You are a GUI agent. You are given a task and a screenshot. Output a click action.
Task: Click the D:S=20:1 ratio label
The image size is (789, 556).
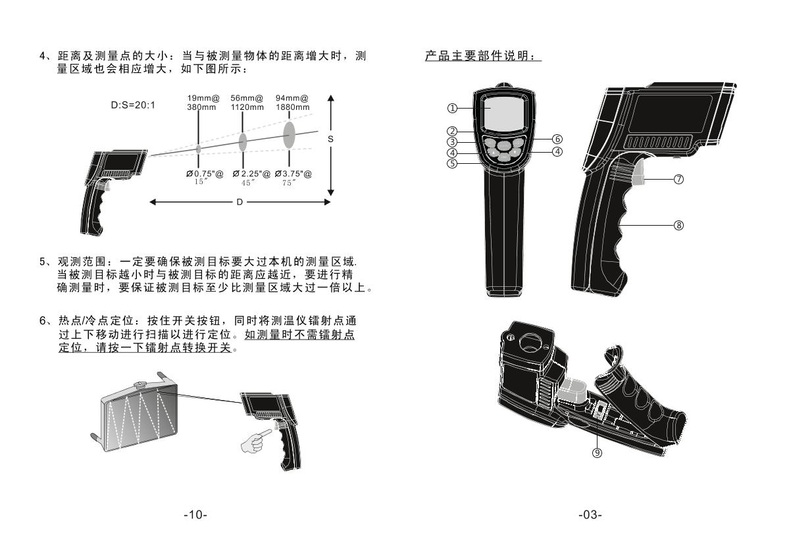click(133, 105)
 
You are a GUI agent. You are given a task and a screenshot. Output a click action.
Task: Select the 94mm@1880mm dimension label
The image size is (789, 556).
click(292, 103)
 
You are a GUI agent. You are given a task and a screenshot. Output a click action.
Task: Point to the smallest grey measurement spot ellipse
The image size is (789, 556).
click(198, 149)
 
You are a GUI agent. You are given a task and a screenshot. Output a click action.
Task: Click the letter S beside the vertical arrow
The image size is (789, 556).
click(330, 139)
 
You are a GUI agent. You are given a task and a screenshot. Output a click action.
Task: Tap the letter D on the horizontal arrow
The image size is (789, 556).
click(240, 202)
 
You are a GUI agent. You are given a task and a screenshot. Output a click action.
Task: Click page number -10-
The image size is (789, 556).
click(195, 515)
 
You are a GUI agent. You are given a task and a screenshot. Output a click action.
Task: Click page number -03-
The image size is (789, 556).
click(590, 515)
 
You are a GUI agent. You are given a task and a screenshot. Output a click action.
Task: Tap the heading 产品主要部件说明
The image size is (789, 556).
click(482, 57)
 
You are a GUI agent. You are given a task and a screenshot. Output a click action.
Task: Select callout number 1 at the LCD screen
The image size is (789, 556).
click(452, 108)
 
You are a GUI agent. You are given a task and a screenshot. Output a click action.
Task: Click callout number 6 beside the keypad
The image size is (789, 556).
click(557, 139)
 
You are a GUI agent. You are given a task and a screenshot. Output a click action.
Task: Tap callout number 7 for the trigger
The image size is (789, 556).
click(678, 180)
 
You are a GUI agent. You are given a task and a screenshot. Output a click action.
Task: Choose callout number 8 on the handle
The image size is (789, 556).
click(678, 225)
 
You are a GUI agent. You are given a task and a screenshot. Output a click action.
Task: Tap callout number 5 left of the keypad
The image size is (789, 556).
click(452, 163)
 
